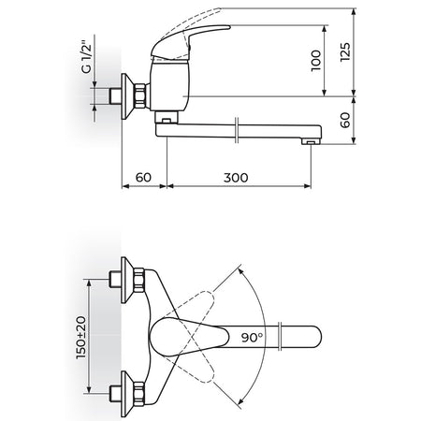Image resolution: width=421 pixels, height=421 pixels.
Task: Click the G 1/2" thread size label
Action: point(87,57)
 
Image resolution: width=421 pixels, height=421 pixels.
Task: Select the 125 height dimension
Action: point(345,51)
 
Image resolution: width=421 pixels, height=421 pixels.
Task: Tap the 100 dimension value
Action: point(316,61)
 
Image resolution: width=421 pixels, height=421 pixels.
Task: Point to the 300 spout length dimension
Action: point(236,178)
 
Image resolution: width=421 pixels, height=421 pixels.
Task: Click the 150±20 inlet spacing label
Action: point(81,337)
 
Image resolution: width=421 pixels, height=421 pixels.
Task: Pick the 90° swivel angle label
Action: point(252,337)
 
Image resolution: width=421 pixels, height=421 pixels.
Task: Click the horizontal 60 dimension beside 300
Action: point(143,178)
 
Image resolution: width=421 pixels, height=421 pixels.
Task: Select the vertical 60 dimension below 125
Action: point(345,120)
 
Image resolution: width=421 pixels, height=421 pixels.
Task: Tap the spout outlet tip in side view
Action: point(311,142)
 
